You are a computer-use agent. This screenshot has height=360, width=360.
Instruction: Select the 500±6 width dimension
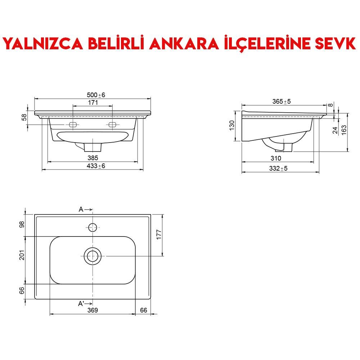(96, 95)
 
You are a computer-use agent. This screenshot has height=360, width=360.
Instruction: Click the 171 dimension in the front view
(93, 103)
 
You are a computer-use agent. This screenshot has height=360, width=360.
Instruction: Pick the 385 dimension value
(93, 158)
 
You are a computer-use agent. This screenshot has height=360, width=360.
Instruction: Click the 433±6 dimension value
(96, 166)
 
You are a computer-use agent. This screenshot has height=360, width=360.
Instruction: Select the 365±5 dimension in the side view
(282, 102)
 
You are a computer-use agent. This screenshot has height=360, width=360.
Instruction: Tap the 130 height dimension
(232, 125)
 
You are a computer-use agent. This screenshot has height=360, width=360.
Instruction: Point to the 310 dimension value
(276, 158)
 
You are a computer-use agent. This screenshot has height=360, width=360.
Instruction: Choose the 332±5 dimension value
(279, 168)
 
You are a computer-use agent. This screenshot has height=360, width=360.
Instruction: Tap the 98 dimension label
(22, 224)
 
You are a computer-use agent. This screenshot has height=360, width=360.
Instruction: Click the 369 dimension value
(93, 310)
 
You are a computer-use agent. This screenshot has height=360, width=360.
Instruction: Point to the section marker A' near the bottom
(81, 304)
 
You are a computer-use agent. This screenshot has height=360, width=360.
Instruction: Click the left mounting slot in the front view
(73, 125)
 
